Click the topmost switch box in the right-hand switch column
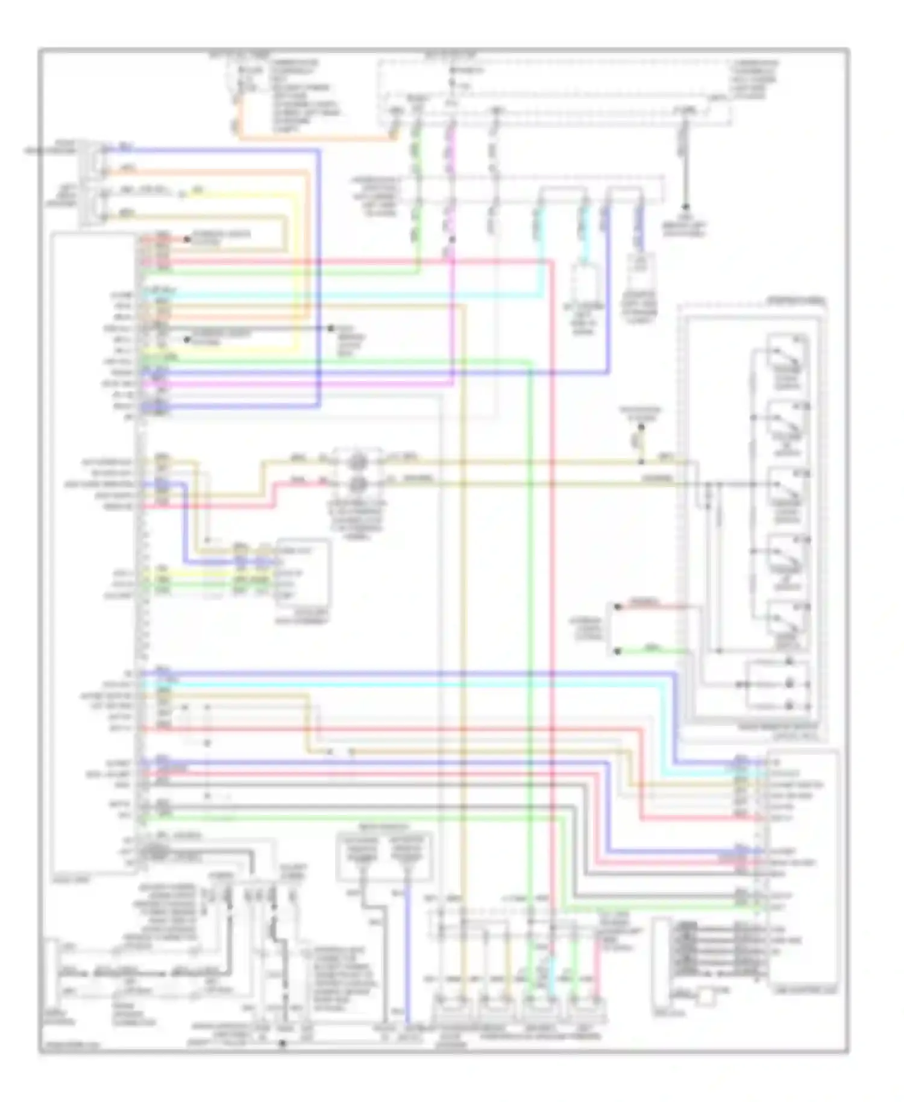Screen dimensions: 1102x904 (787, 356)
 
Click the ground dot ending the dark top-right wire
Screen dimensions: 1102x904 (685, 206)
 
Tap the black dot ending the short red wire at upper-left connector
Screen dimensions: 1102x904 (187, 239)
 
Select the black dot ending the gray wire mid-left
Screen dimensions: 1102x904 (331, 329)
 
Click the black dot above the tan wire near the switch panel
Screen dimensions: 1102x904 (641, 427)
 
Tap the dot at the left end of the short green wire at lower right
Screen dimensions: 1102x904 (617, 652)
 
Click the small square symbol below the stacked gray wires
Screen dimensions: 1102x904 (706, 998)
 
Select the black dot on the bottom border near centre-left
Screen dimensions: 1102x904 (282, 1043)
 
